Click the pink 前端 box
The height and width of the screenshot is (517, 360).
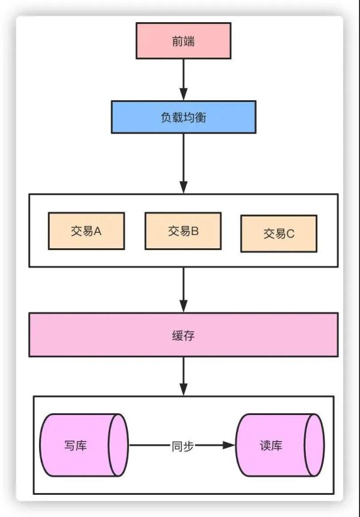tap(183, 41)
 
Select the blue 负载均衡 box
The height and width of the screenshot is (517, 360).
tap(183, 117)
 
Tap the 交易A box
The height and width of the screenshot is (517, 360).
tap(86, 231)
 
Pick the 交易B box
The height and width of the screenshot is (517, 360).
tap(182, 231)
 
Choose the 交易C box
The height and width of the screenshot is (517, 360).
tap(278, 234)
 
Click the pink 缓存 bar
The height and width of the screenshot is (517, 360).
tap(183, 335)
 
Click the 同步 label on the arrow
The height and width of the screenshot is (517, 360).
tap(182, 446)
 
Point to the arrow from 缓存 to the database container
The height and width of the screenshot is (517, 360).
tap(183, 375)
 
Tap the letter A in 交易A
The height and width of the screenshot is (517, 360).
tap(98, 231)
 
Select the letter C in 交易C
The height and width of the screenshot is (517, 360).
tap(290, 234)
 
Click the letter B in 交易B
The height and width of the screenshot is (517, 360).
tap(194, 231)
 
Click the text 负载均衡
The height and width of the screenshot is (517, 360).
tap(183, 118)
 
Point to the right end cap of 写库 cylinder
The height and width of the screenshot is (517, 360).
tap(119, 445)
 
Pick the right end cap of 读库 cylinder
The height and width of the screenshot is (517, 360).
tap(314, 445)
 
